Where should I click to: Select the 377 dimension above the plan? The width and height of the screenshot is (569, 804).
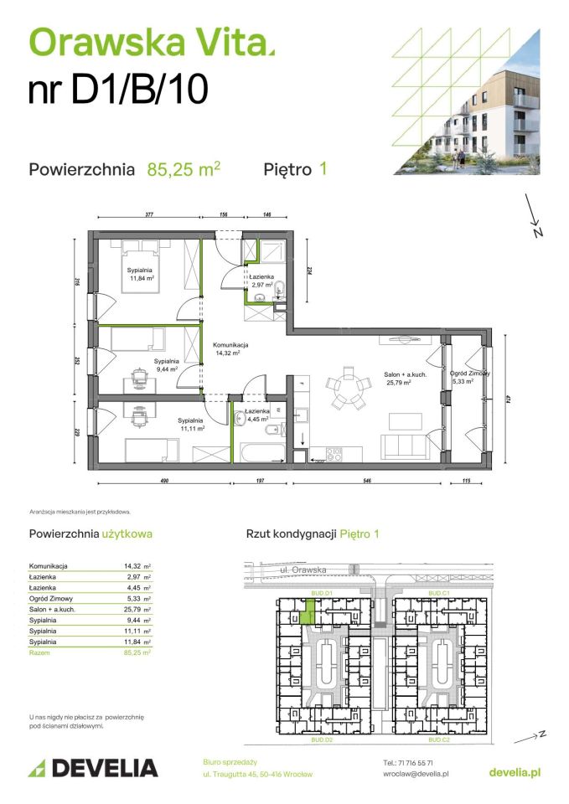coord(149,215)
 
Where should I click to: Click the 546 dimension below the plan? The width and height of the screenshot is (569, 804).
coord(367,482)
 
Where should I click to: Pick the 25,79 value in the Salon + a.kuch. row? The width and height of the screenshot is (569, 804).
coord(132,610)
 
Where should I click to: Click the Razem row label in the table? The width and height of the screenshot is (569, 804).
coord(39,652)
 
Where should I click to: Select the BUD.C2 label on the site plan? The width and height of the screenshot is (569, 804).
coord(439,741)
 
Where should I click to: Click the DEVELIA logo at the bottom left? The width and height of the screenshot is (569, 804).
coord(93,767)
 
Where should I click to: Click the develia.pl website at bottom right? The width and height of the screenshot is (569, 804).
coord(514,770)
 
